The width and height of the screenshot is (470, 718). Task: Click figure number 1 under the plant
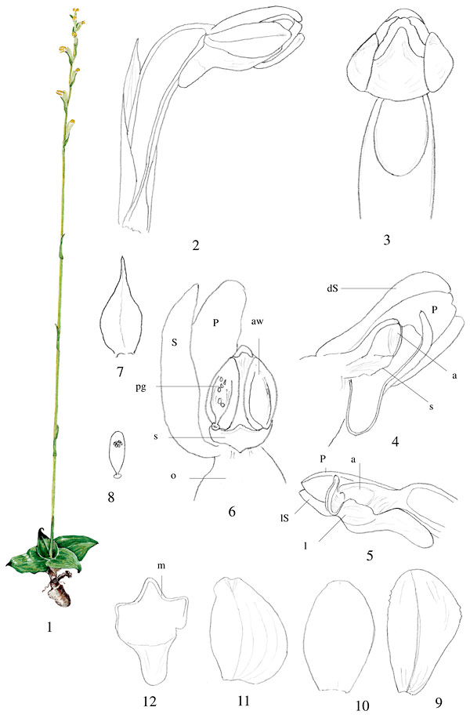click(x=49, y=627)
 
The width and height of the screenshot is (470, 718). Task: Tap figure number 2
click(x=196, y=245)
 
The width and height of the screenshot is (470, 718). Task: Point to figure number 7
click(x=120, y=372)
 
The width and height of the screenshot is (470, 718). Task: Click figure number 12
click(x=150, y=701)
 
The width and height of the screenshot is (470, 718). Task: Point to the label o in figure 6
click(x=173, y=477)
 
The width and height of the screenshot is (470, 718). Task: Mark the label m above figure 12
click(x=161, y=566)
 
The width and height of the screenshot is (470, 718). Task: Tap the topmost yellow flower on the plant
click(x=75, y=10)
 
